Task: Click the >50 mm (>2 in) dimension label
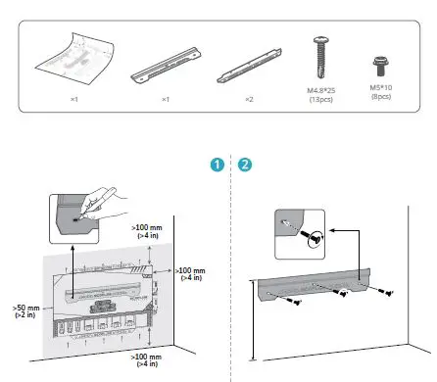(26, 310)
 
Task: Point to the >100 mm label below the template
(148, 360)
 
